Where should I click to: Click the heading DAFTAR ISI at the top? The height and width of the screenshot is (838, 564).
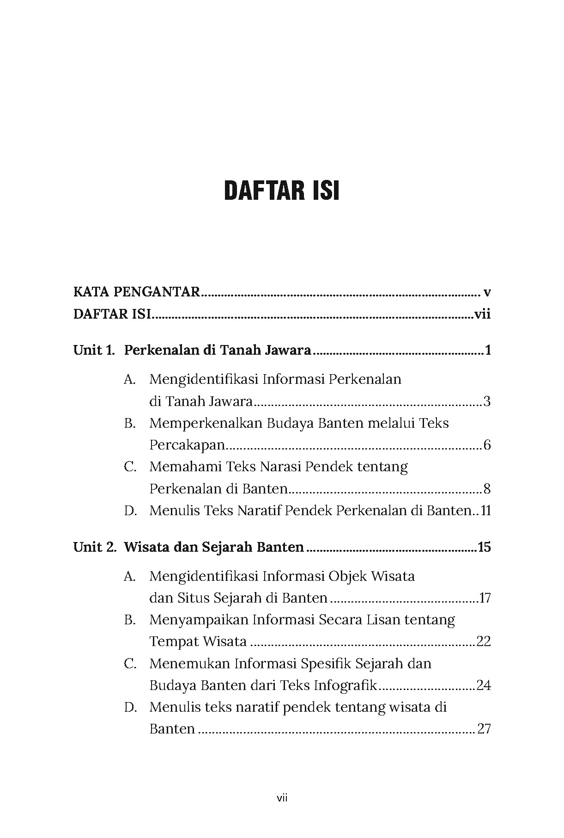282,191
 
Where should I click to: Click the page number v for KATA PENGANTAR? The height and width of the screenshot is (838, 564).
486,292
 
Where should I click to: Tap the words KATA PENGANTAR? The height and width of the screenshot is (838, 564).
137,292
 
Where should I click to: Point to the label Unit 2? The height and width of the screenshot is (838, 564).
95,547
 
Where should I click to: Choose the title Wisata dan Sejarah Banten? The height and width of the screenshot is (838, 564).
214,547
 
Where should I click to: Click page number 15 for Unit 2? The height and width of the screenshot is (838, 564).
484,547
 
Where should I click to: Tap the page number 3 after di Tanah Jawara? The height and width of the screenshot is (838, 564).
487,401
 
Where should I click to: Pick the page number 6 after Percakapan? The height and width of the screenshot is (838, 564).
487,445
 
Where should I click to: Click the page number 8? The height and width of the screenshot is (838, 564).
487,489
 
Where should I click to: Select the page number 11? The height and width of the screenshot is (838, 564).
485,511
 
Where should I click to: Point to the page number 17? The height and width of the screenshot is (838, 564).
485,598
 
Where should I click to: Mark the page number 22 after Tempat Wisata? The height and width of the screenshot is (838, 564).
483,641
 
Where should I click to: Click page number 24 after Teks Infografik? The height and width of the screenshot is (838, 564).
483,685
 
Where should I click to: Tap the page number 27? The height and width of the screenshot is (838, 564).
483,729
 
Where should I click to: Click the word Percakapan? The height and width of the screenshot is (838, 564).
187,445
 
